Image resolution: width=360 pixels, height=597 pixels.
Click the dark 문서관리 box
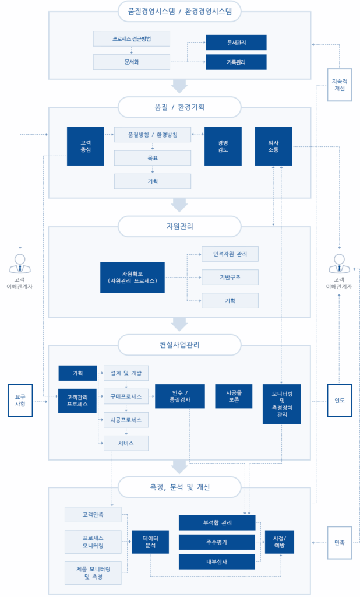[x=236, y=43]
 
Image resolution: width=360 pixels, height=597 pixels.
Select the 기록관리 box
[x=236, y=62]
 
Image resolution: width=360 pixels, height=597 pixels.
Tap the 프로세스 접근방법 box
[x=131, y=39]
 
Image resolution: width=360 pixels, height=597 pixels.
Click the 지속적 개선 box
[x=340, y=85]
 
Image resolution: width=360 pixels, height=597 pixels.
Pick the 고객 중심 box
[x=86, y=146]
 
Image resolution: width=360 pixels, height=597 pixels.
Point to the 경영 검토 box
[x=223, y=146]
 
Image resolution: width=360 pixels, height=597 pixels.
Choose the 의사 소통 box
[x=274, y=146]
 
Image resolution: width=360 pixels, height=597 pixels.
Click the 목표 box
[x=153, y=157]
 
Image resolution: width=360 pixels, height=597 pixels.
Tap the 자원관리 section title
[x=179, y=226]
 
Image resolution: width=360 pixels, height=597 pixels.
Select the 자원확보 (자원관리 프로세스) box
[x=132, y=277]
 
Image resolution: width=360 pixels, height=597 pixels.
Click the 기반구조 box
[x=230, y=277]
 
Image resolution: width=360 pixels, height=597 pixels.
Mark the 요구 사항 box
[x=20, y=401]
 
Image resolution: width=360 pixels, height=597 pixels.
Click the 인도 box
[x=340, y=401]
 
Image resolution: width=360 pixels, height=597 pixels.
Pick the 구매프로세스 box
[x=126, y=396]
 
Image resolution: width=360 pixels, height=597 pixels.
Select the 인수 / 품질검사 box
[x=180, y=396]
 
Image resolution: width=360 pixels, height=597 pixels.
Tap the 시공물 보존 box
[x=234, y=396]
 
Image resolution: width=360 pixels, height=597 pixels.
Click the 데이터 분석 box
[x=150, y=542]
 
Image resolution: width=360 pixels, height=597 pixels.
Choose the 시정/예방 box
[x=280, y=542]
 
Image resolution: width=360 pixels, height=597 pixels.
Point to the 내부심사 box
[x=217, y=561]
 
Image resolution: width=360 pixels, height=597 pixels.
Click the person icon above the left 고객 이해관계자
[x=20, y=264]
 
